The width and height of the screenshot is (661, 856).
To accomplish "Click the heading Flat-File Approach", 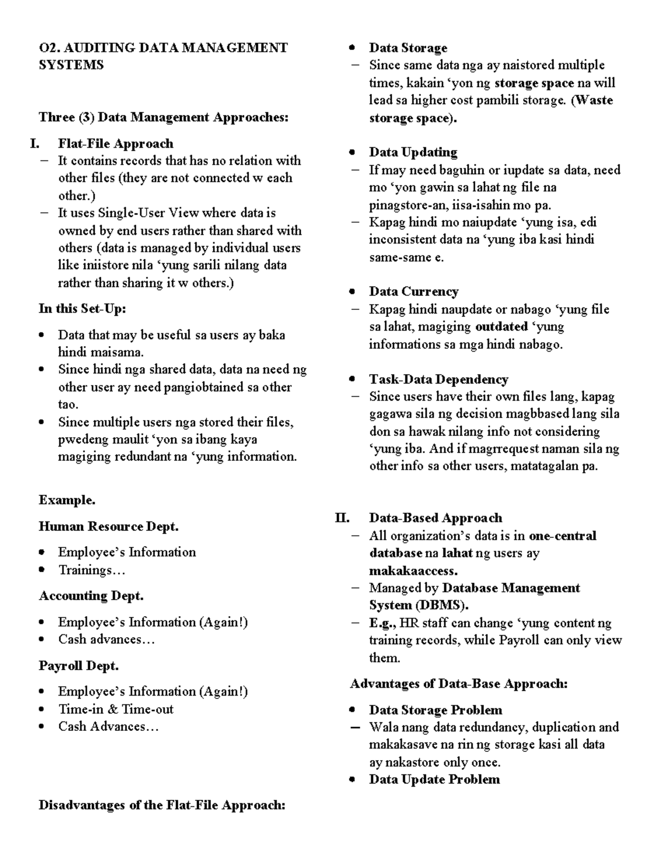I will (116, 144).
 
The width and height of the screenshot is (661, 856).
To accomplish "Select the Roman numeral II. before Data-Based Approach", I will (342, 518).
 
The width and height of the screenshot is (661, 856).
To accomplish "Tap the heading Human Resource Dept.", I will (109, 526).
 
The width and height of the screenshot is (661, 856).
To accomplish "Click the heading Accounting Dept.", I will (91, 596).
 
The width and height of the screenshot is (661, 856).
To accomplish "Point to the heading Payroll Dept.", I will (79, 666).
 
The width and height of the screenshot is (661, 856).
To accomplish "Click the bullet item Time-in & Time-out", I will (116, 709).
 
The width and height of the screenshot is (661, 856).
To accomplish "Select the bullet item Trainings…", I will (92, 570).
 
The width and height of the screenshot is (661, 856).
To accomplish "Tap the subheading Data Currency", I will (413, 292).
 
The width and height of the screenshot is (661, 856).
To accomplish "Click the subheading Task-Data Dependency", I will (438, 379).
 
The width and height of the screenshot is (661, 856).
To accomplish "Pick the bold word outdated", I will (501, 327).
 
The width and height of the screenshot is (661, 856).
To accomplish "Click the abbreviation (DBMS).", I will (442, 605).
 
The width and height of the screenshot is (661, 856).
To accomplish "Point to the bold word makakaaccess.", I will (413, 570).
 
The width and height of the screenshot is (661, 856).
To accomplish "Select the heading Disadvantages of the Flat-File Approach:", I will (162, 805).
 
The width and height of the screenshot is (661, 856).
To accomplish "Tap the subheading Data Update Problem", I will (434, 779).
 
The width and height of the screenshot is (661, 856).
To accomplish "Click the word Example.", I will (67, 500).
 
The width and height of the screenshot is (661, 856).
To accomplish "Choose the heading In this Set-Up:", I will (82, 309).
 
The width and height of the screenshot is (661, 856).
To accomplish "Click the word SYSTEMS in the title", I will (71, 65).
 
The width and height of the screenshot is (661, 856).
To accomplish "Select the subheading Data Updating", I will (413, 152).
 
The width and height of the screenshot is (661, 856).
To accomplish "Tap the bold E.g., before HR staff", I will (382, 623).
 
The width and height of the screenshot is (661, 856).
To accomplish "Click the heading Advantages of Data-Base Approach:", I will (458, 684).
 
